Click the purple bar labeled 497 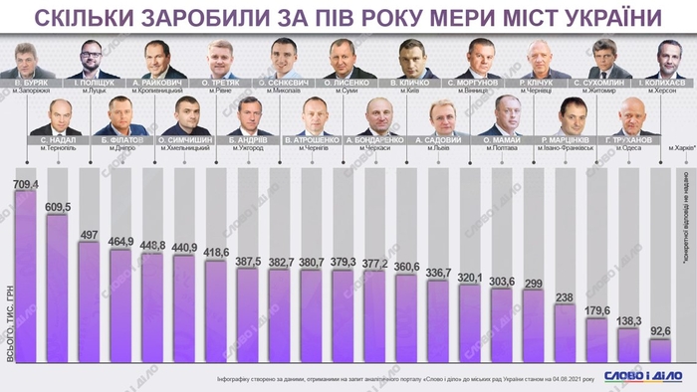click(x=90, y=298)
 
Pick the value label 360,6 click(x=407, y=268)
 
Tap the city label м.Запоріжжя click(x=27, y=91)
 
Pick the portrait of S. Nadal click(x=56, y=117)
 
